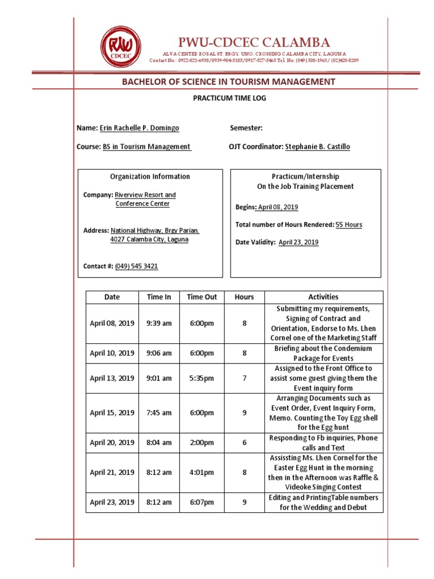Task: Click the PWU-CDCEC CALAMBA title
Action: click(x=254, y=42)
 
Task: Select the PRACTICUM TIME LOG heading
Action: click(x=229, y=98)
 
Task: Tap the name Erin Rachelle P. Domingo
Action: click(x=140, y=128)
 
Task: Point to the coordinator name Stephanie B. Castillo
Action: click(x=318, y=147)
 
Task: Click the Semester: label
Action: click(x=246, y=128)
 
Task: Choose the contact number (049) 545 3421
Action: click(x=137, y=266)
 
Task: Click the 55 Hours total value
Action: click(x=349, y=225)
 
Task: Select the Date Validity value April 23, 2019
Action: click(x=298, y=243)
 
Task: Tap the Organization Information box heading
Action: click(x=150, y=176)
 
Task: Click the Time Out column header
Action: click(x=202, y=297)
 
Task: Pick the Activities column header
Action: click(x=323, y=297)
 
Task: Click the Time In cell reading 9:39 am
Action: click(x=159, y=323)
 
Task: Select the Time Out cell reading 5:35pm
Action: click(x=202, y=378)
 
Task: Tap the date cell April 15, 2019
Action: click(x=112, y=413)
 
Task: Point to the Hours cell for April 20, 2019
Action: click(x=245, y=443)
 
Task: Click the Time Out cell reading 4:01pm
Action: click(x=202, y=473)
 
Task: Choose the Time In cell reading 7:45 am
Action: click(x=159, y=413)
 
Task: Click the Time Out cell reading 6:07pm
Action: click(x=202, y=502)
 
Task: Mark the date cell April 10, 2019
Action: click(x=112, y=353)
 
